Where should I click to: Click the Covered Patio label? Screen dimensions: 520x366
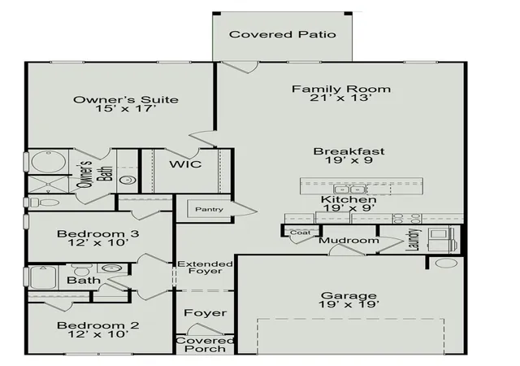pos(282,34)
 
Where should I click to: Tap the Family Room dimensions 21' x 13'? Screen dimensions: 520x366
pos(340,98)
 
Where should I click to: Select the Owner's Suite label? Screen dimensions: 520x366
pos(126,100)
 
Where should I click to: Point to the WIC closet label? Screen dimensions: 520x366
pos(185,164)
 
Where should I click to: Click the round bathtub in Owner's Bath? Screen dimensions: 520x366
pos(49,162)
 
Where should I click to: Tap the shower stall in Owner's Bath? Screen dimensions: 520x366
pos(49,184)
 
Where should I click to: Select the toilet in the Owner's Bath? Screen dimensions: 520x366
pos(44,203)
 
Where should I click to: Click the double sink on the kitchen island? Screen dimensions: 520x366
pos(349,190)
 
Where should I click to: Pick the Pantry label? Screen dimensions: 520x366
pos(209,209)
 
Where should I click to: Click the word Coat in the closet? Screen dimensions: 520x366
pos(300,233)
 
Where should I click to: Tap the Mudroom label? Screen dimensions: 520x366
pos(349,240)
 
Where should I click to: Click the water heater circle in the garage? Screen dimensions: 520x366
pos(446,263)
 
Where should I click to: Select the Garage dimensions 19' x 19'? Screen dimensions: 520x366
pos(349,304)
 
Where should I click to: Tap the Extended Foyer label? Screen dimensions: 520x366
pos(206,268)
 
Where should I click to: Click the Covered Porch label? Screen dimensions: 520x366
pos(206,345)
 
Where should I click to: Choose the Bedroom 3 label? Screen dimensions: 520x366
pos(97,233)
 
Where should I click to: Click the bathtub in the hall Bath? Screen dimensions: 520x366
pos(44,277)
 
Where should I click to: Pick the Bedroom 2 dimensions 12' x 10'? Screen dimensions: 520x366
pos(97,334)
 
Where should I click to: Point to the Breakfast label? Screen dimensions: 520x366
pos(349,151)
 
